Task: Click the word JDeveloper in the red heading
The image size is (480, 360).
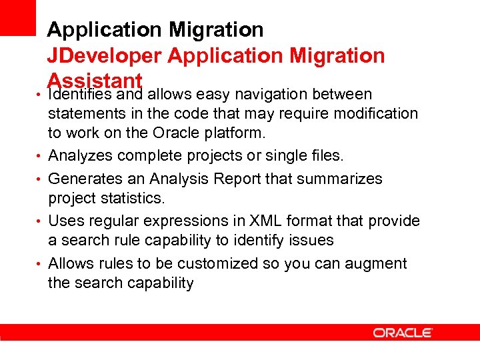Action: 105,56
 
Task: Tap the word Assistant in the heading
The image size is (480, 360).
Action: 95,81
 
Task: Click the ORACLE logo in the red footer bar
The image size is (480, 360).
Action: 403,333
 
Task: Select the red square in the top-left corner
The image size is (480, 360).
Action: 17,17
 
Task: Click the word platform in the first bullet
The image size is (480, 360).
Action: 235,133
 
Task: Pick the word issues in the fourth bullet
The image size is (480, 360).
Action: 311,239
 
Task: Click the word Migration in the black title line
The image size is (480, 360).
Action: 216,30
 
